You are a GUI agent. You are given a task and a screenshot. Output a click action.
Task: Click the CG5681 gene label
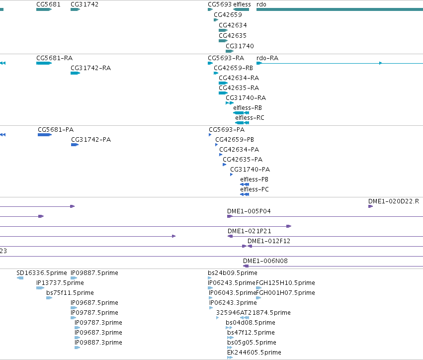click(48, 4)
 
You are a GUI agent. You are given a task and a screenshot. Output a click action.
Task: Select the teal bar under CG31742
click(75, 9)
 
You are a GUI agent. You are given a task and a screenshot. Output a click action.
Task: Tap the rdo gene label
click(261, 4)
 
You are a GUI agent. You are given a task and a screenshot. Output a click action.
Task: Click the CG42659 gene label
click(228, 15)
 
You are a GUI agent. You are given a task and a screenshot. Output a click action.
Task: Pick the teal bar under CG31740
click(230, 51)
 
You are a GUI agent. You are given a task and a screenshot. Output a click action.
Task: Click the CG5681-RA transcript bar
click(44, 63)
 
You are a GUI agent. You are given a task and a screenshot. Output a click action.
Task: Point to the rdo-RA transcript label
click(267, 58)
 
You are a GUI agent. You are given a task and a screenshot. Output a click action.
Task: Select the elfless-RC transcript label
click(250, 118)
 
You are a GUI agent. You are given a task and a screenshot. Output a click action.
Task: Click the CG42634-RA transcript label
click(239, 78)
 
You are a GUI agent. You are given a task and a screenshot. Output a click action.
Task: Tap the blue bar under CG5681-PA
click(45, 135)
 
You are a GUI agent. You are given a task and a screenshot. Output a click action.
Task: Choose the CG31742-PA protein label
click(91, 140)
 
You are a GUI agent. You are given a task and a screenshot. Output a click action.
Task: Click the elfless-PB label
click(254, 179)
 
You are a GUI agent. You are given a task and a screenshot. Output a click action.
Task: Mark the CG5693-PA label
click(227, 130)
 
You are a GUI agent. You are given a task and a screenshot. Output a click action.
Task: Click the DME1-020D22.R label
click(394, 201)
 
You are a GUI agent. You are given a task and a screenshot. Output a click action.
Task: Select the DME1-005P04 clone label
click(249, 211)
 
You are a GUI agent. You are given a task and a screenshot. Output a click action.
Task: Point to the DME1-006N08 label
click(265, 261)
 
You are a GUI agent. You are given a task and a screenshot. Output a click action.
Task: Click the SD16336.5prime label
click(42, 273)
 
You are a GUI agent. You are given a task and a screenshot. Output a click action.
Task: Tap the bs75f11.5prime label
click(70, 293)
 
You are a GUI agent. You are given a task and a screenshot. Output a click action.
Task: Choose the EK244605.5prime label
click(254, 353)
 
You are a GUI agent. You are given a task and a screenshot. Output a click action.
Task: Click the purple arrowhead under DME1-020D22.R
click(371, 206)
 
